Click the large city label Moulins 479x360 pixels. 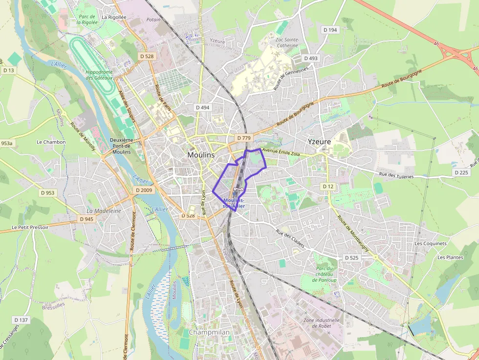(201, 155)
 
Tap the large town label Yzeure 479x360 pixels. (319, 142)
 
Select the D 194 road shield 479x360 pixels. (330, 30)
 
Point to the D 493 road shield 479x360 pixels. (310, 58)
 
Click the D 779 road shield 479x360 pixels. (243, 138)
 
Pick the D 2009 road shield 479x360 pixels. (144, 190)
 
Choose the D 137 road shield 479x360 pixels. (22, 320)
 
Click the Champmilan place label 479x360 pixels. (209, 332)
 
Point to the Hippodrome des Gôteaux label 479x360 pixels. (99, 75)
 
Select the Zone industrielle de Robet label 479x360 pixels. (318, 323)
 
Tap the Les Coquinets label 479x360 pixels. (431, 243)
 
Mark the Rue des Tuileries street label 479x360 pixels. (396, 175)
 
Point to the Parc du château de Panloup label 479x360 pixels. (325, 275)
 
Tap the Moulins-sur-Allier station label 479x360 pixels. (234, 203)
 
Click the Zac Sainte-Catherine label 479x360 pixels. (287, 42)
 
